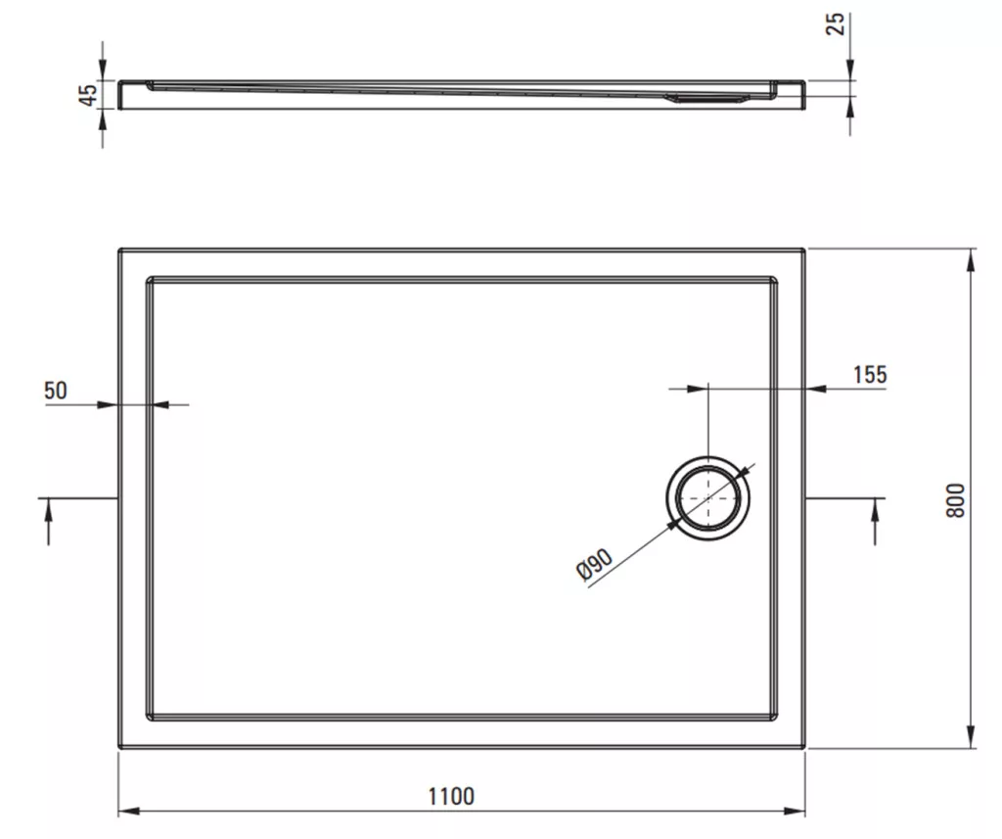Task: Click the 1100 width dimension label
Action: point(451,796)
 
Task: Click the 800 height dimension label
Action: point(955,500)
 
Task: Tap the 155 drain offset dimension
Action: point(870,374)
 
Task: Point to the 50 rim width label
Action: point(56,390)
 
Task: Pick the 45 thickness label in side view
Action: point(88,94)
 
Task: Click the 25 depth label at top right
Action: point(836,23)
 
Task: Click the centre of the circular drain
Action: point(708,498)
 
